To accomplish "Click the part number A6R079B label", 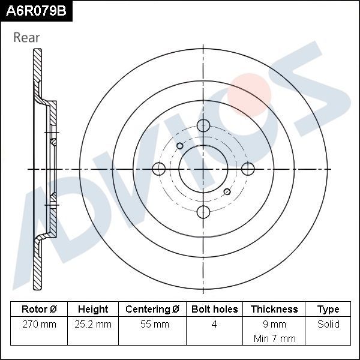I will coord(36,11).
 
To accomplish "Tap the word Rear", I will coord(26,37).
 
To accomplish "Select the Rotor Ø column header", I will coord(39,310).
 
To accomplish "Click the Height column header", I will coord(93,310).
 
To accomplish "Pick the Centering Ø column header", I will coord(152,310).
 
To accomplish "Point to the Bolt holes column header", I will coord(214,310).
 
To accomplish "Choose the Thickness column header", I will coord(274,310).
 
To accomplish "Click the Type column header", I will coord(328,310).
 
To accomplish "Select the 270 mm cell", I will coord(39,325).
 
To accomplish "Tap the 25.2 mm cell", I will coord(93,325).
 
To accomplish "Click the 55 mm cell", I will coord(152,325).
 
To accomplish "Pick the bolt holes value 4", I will coord(214,325).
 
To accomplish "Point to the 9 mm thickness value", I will coord(274,325).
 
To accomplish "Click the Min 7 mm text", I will coord(274,338).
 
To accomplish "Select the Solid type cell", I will coord(328,325).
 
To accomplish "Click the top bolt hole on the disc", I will coord(204,126).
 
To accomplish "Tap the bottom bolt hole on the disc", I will coord(204,211).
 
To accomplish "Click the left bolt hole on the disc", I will coord(160,169).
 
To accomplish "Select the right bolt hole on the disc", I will coord(247,169).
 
